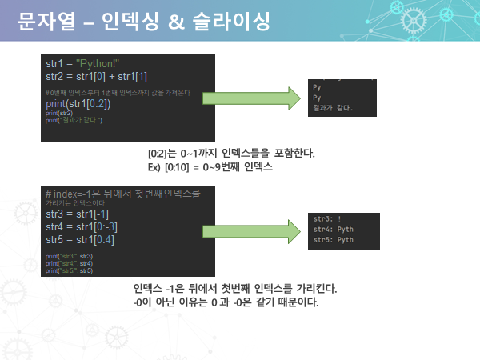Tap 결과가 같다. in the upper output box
[x=333, y=108]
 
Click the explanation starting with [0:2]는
[x=231, y=153]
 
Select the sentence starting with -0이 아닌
[x=226, y=302]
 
